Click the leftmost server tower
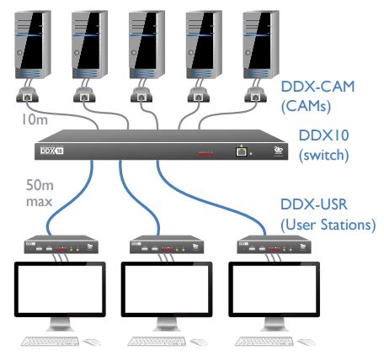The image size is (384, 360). coord(33,43)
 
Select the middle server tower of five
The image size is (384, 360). coord(146,43)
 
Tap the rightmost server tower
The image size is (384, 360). coord(259,43)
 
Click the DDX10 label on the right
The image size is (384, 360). coord(323,135)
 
